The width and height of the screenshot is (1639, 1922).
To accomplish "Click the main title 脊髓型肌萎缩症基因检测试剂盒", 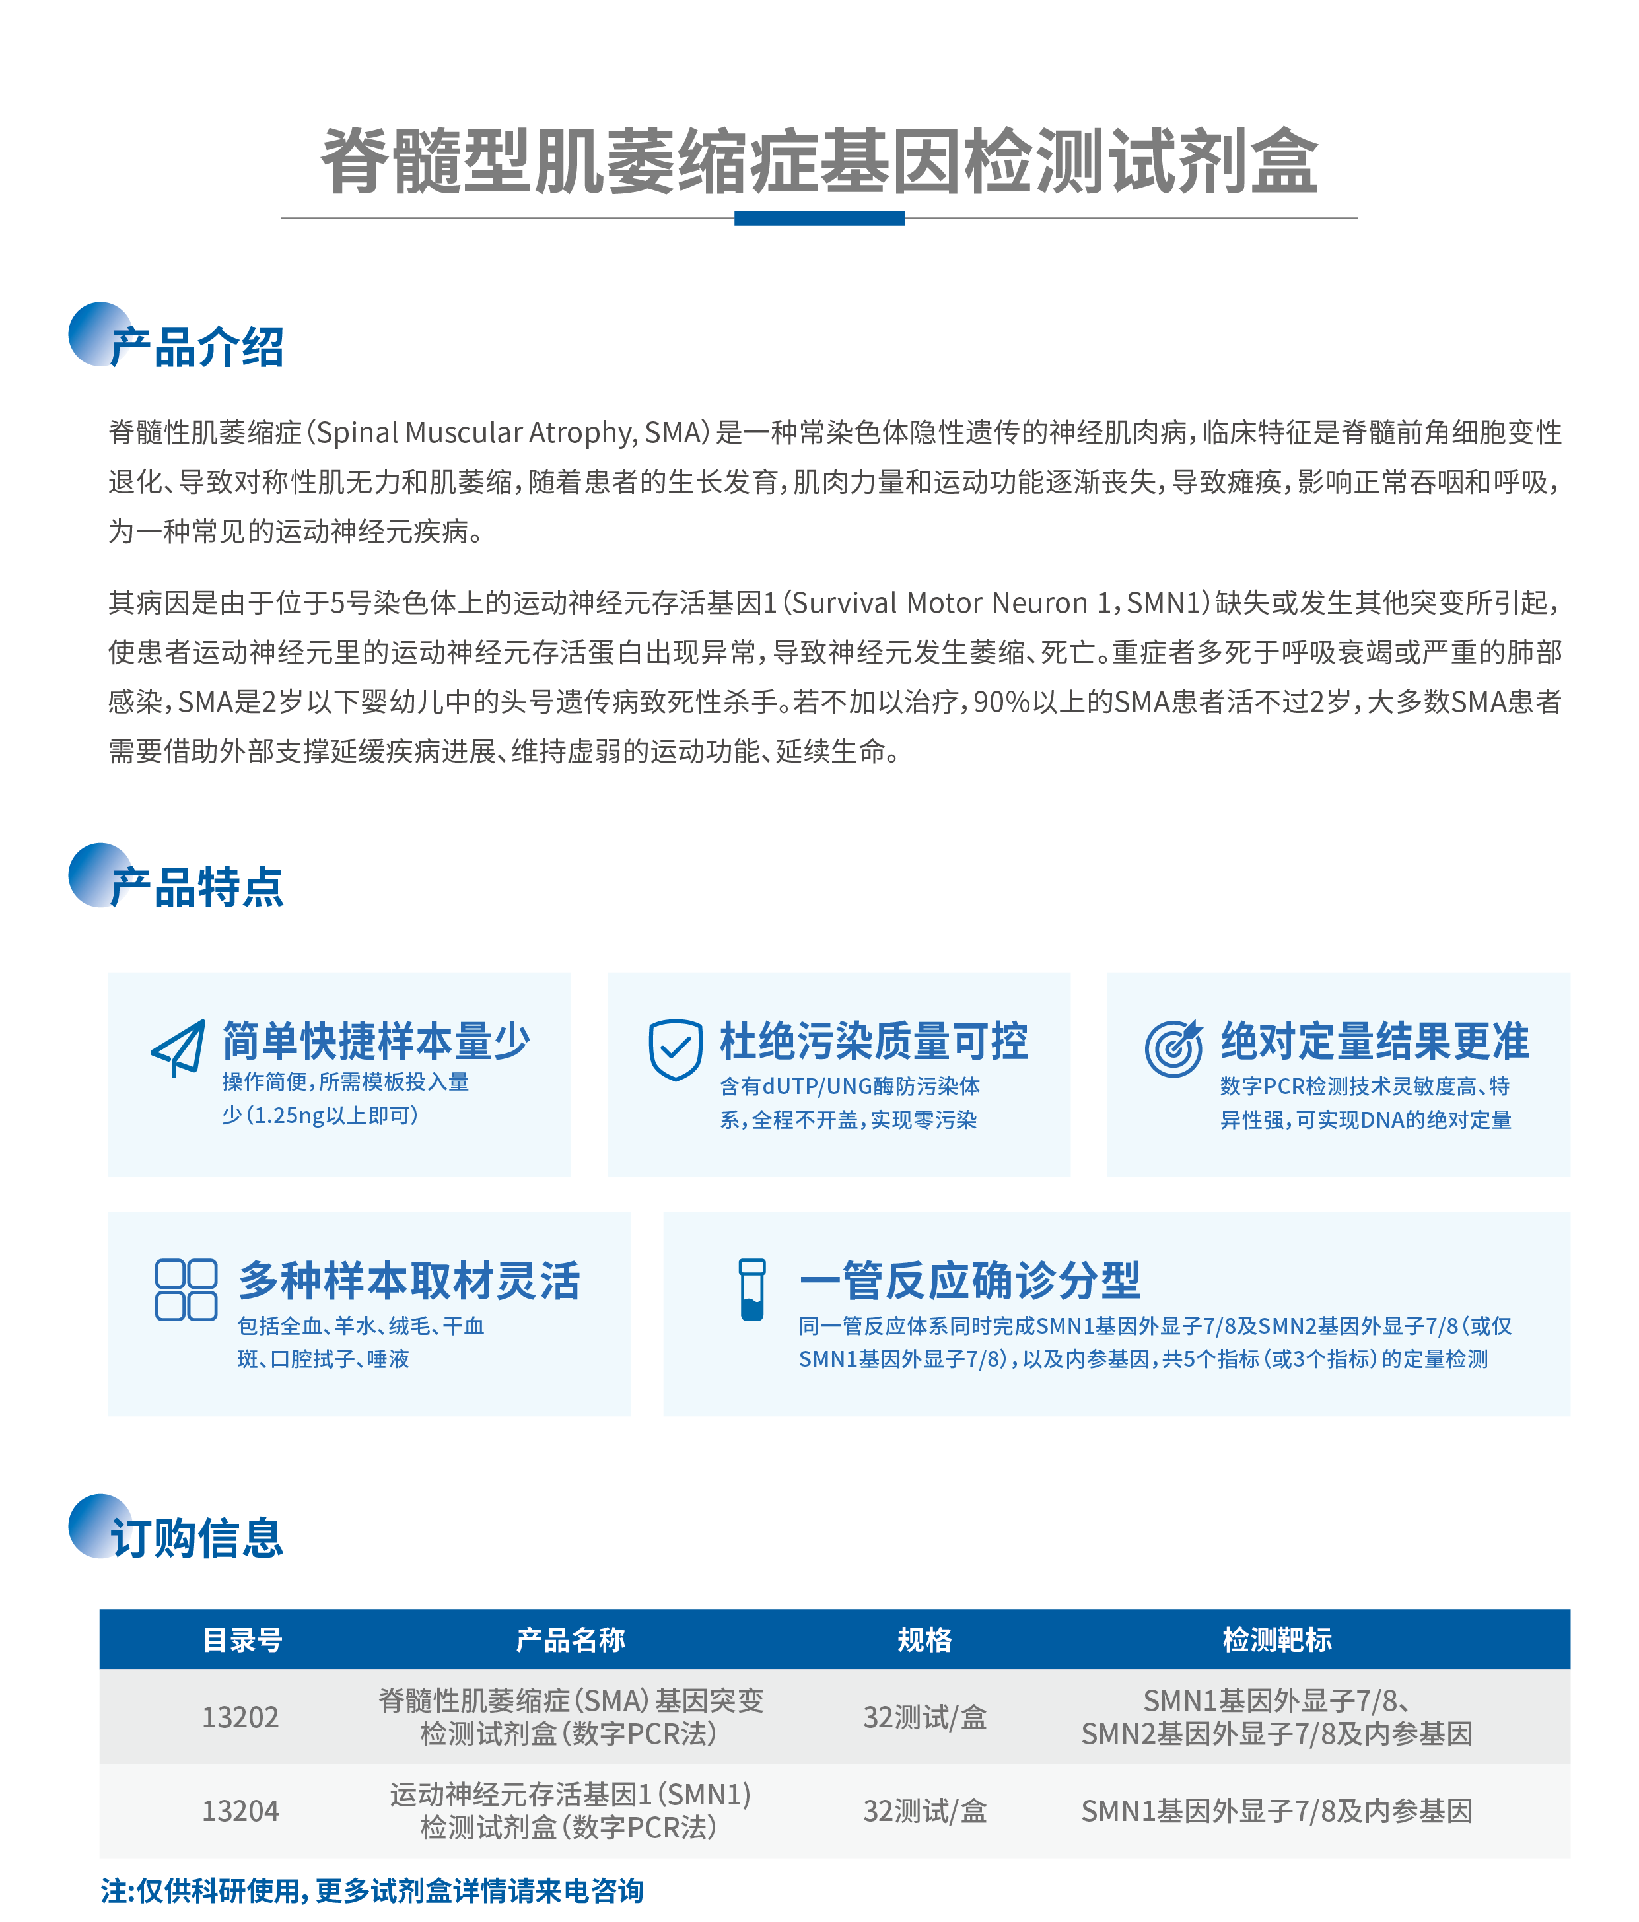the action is pyautogui.click(x=819, y=160).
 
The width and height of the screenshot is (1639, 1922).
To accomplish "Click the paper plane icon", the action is pyautogui.click(x=178, y=1048).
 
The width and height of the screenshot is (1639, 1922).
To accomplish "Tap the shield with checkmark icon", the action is pyautogui.click(x=676, y=1049).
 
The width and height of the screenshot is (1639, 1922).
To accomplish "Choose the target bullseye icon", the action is pyautogui.click(x=1173, y=1048).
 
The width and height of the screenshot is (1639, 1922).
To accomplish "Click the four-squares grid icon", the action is pyautogui.click(x=186, y=1289).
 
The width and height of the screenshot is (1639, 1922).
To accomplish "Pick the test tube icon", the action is pyautogui.click(x=751, y=1289).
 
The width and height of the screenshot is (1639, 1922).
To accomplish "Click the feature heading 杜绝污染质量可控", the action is pyautogui.click(x=874, y=1041).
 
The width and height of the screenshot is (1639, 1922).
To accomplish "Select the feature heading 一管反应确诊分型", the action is pyautogui.click(x=970, y=1281).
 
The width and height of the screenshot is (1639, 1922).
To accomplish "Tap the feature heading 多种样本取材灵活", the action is pyautogui.click(x=409, y=1281).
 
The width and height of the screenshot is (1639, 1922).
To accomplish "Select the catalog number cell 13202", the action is pyautogui.click(x=240, y=1717).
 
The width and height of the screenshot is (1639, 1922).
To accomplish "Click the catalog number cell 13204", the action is pyautogui.click(x=240, y=1810).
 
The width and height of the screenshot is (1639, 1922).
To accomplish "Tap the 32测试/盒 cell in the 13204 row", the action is pyautogui.click(x=924, y=1810).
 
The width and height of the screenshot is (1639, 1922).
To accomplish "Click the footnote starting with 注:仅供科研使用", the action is pyautogui.click(x=372, y=1890).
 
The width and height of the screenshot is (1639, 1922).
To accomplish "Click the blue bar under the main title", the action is pyautogui.click(x=819, y=218).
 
